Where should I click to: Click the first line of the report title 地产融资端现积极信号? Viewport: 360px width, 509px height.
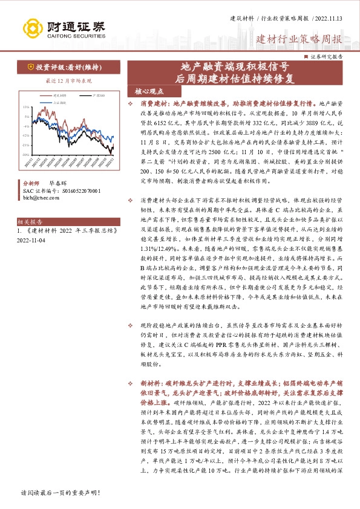click(x=235, y=67)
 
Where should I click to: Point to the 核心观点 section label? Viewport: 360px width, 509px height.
click(x=149, y=92)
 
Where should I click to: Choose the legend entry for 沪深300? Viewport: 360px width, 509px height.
click(x=99, y=96)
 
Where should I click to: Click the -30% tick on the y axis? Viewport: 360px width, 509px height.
click(x=24, y=154)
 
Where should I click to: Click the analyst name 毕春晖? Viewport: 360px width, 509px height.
click(x=58, y=181)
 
